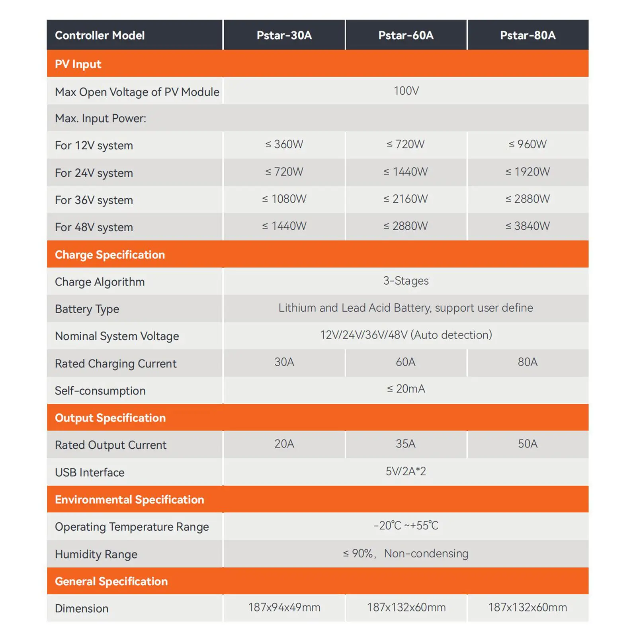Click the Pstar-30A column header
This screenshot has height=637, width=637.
point(284,35)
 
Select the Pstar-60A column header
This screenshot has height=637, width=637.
point(406,35)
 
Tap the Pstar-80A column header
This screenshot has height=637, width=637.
point(528,35)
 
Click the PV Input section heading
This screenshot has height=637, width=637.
point(78,64)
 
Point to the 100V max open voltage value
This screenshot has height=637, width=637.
point(406,91)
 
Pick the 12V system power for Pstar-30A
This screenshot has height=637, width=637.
point(284,144)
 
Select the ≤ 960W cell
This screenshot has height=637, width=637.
point(528,144)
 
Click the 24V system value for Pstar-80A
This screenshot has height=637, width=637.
point(528,172)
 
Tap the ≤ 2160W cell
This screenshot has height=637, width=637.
point(405,199)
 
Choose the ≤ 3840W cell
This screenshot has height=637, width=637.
point(528,226)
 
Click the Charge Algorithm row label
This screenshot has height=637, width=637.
point(100,282)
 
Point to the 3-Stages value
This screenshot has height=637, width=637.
point(406,281)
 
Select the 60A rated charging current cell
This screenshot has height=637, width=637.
point(405,362)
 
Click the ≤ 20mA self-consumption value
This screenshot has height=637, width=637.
point(406,389)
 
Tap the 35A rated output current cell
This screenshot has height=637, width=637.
point(405,444)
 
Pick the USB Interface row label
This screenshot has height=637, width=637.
point(90,473)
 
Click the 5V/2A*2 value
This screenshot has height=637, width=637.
point(406,471)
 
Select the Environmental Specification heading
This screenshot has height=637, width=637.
point(129,500)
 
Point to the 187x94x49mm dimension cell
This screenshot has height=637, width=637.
point(284,607)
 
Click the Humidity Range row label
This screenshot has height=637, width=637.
point(96,554)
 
